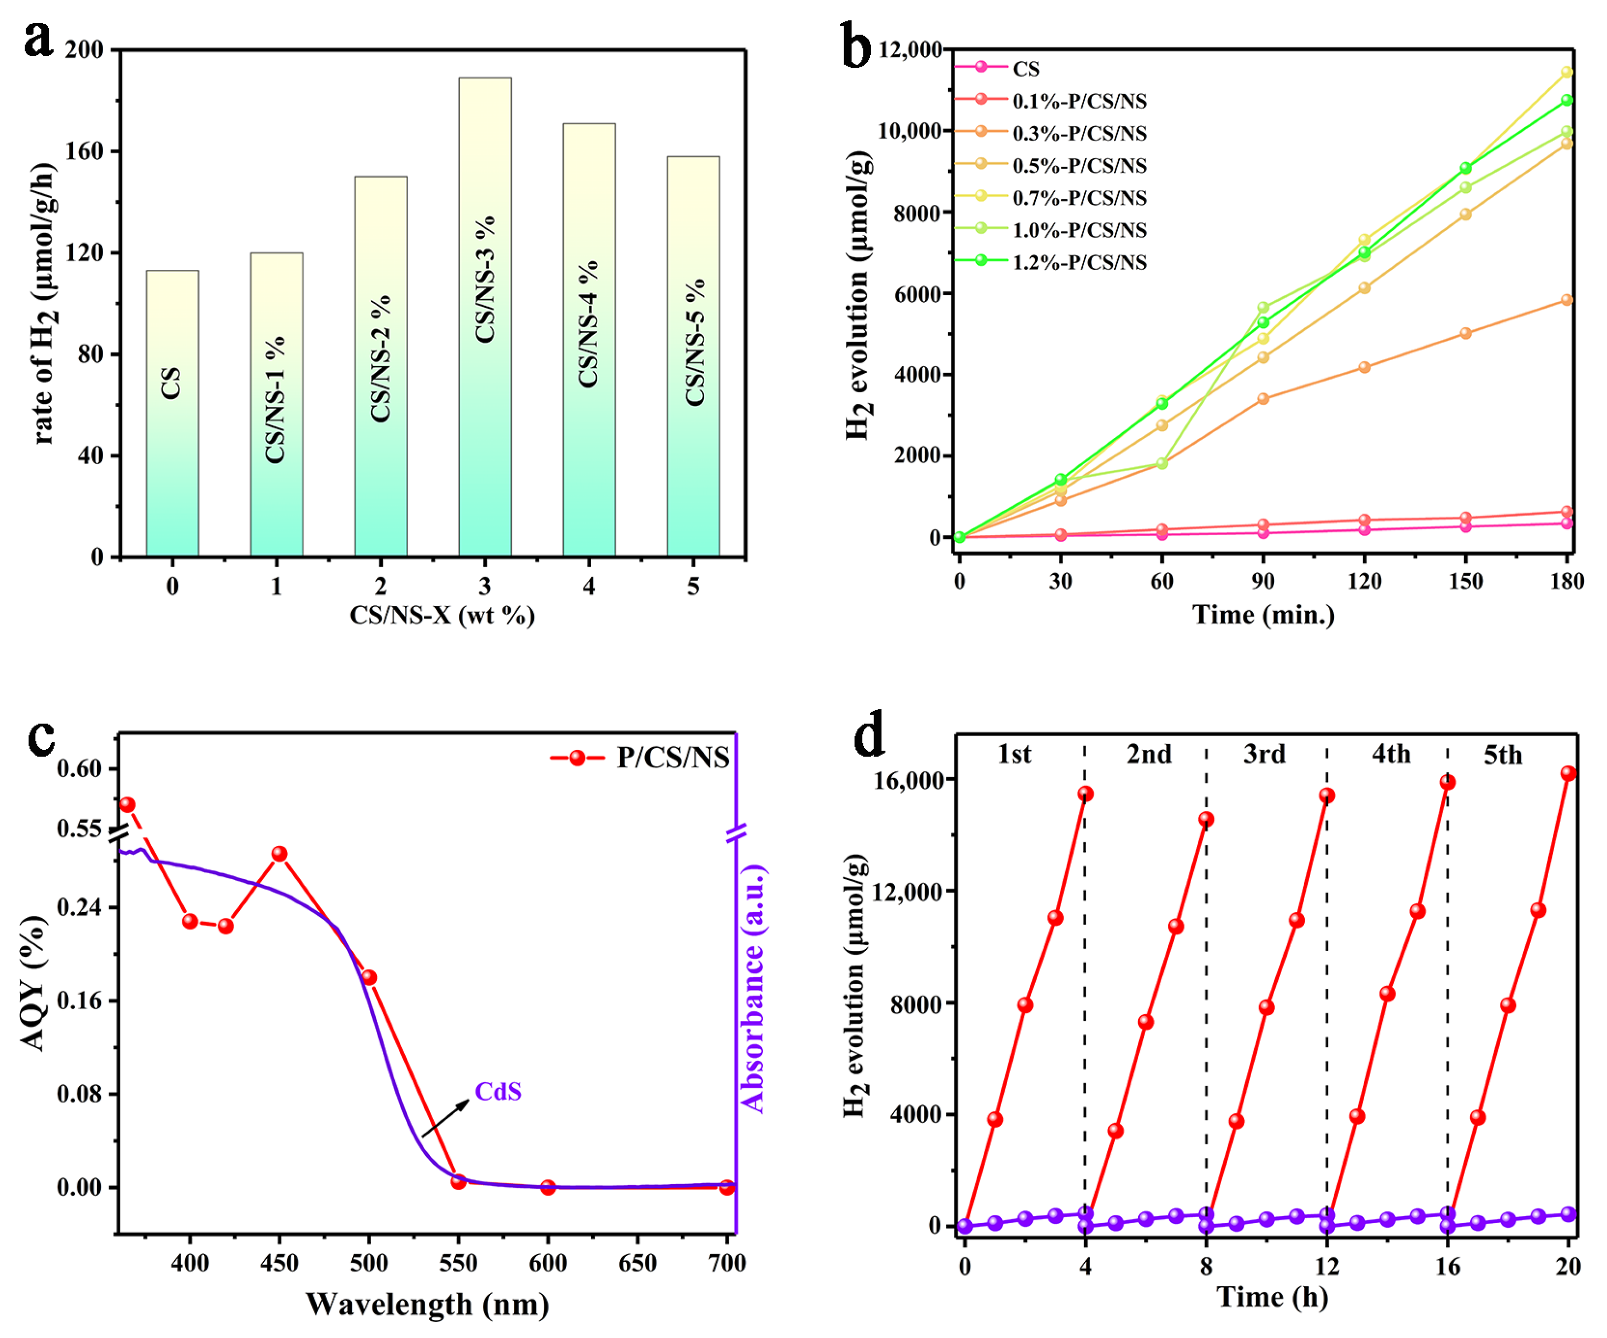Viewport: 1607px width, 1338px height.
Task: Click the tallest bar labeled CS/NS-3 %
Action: tap(485, 316)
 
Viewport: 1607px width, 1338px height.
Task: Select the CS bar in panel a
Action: tap(172, 413)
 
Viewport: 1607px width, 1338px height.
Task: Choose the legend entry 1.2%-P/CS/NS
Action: tap(1079, 263)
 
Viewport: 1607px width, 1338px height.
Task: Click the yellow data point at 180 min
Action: tap(1567, 72)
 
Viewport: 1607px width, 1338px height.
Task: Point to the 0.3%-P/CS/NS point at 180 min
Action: tap(1567, 300)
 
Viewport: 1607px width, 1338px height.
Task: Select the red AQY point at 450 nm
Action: tap(280, 853)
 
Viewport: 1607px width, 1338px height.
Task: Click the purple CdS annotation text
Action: tap(498, 1092)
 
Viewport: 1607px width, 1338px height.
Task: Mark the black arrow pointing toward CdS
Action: tap(445, 1119)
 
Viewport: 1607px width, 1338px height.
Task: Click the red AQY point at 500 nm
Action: tap(369, 977)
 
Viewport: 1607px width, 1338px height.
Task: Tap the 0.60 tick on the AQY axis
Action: tap(80, 768)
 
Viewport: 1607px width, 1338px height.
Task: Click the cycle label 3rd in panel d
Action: tap(1264, 754)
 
